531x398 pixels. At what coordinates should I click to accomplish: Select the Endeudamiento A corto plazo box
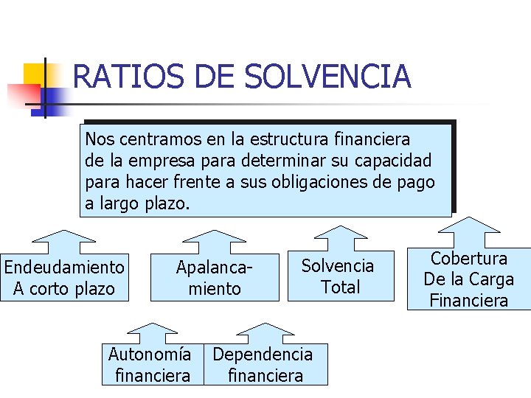pos(64,277)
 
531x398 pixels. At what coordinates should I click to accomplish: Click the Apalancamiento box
pos(215,277)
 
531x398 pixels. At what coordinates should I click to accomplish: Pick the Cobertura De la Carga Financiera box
pos(469,279)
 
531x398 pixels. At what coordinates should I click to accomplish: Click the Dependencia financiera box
pos(264,365)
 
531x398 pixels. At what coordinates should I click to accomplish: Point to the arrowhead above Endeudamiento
pos(65,237)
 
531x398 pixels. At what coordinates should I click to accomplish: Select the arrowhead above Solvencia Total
pos(340,231)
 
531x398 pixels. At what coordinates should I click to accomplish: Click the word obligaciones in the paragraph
pos(322,181)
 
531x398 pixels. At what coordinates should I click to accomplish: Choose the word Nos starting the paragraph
pos(98,139)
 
